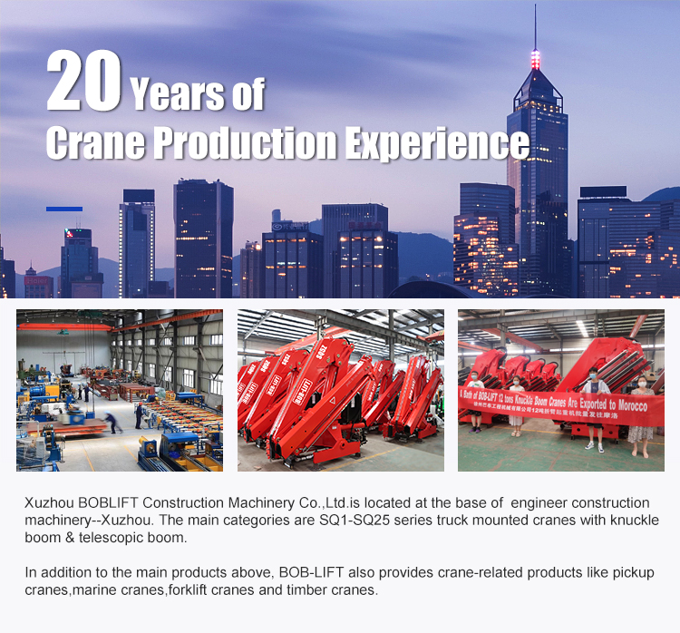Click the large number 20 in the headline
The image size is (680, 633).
click(x=83, y=83)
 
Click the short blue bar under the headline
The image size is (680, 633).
click(x=64, y=209)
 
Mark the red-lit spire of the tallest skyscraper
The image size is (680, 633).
click(x=535, y=56)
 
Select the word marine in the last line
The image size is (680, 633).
click(x=92, y=589)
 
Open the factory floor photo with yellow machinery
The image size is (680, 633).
click(x=119, y=390)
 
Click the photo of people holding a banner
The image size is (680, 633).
click(x=560, y=390)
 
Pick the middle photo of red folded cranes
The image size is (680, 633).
click(x=340, y=390)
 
